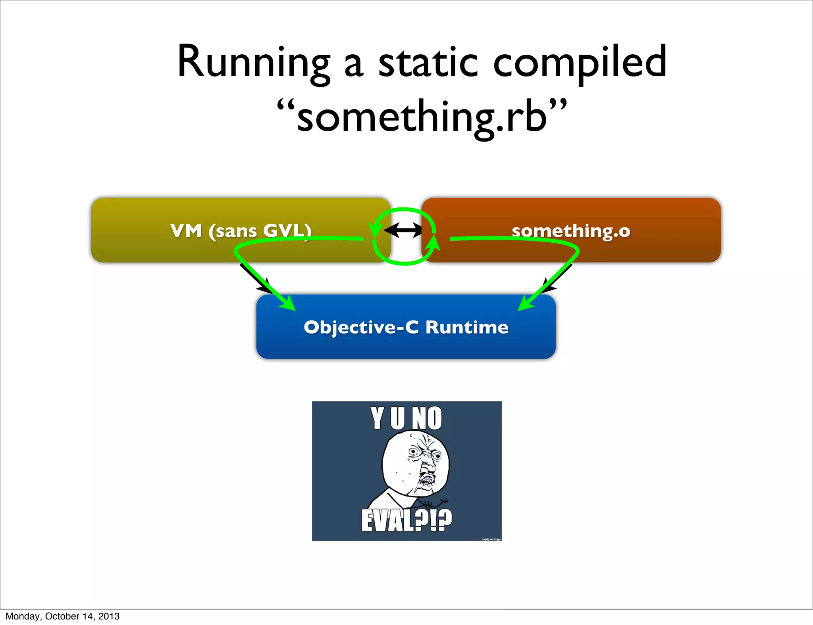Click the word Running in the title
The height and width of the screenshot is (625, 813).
click(253, 63)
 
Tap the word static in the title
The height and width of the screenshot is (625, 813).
click(428, 63)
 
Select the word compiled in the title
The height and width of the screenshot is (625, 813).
click(580, 63)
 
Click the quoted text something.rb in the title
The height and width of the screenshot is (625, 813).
click(422, 117)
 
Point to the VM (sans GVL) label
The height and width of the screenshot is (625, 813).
click(241, 230)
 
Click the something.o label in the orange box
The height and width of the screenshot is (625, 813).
click(571, 230)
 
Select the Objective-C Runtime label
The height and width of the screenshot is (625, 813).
click(406, 327)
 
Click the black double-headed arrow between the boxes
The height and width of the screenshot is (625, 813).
click(403, 230)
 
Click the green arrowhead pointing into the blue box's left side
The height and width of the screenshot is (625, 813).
click(288, 303)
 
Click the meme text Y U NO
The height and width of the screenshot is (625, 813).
click(406, 418)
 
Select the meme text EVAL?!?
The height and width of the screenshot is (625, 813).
click(406, 520)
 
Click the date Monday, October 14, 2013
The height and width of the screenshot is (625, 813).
click(62, 616)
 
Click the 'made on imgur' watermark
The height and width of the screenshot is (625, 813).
click(491, 539)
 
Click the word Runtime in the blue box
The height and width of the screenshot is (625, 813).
click(467, 327)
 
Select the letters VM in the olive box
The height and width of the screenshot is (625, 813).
click(186, 230)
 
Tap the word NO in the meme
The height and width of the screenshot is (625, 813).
click(427, 418)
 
